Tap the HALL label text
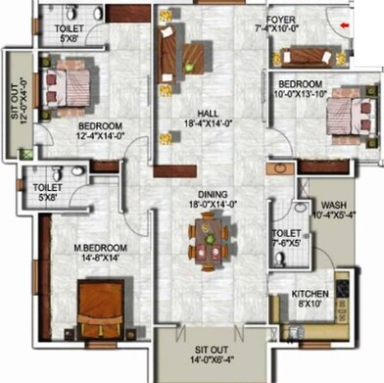click(207, 113)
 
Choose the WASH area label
click(330, 206)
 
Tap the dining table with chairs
click(207, 242)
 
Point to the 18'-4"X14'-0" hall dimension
click(207, 123)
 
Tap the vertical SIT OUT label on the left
click(13, 99)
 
